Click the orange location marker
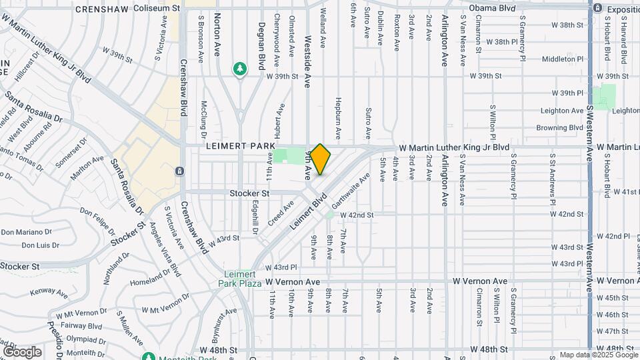(x=321, y=159)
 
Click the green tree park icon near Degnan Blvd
(x=239, y=69)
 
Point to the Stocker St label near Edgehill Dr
(x=249, y=193)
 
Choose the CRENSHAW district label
(x=102, y=9)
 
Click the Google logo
(x=22, y=351)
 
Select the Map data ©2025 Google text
(x=597, y=355)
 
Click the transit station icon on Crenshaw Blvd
(x=179, y=171)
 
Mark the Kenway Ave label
(x=49, y=292)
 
